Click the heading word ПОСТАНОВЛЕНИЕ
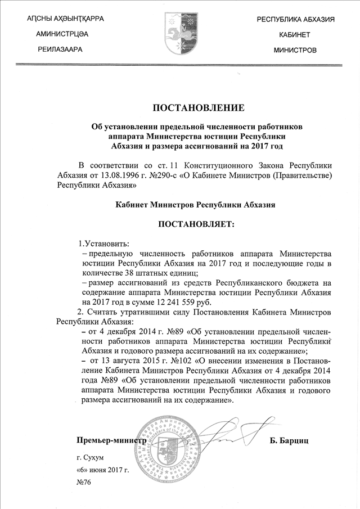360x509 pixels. click(198, 107)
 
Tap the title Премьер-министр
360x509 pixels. click(111, 439)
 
